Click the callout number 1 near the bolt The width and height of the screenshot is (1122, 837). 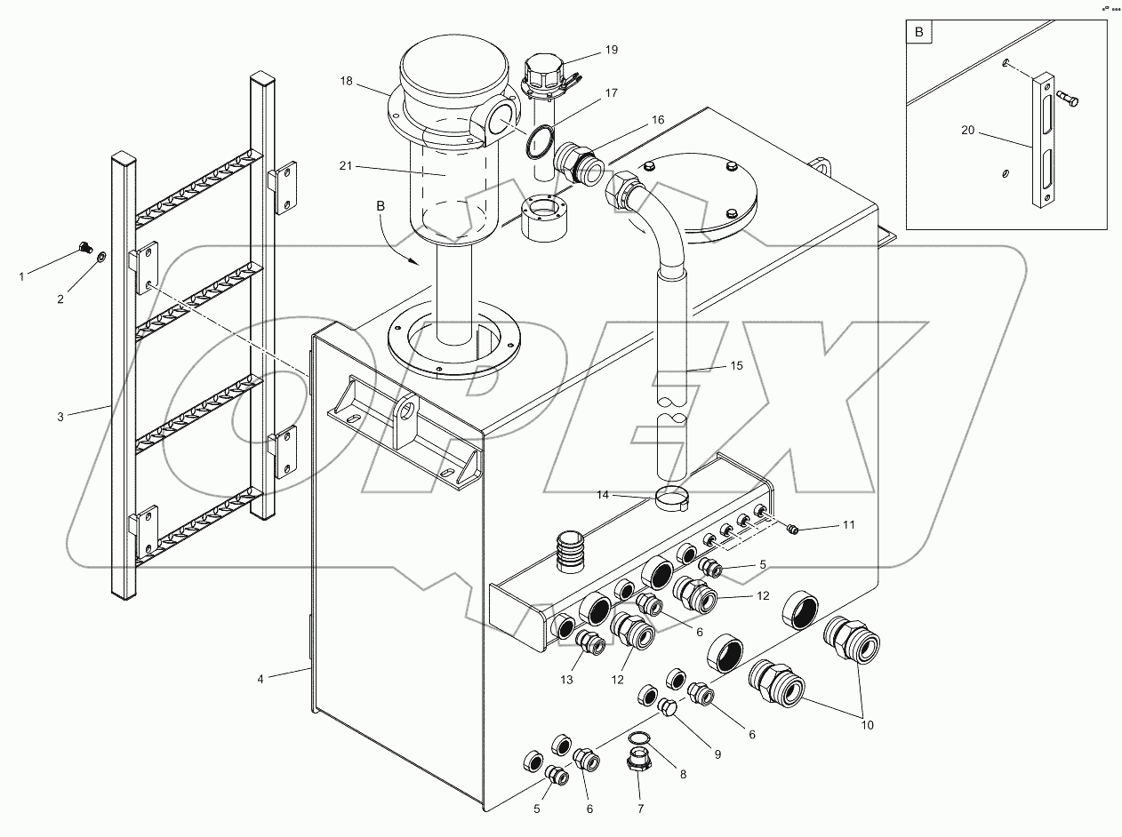(22, 276)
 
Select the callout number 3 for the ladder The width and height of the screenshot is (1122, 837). (60, 415)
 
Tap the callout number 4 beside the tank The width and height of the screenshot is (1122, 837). (260, 679)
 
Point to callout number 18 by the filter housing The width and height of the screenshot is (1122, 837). (346, 81)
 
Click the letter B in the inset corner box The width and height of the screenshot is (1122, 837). (918, 34)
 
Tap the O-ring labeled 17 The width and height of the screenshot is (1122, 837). (537, 139)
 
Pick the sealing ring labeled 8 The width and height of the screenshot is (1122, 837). (638, 739)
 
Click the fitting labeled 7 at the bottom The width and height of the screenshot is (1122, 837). (639, 763)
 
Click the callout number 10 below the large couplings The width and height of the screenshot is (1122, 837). (867, 725)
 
